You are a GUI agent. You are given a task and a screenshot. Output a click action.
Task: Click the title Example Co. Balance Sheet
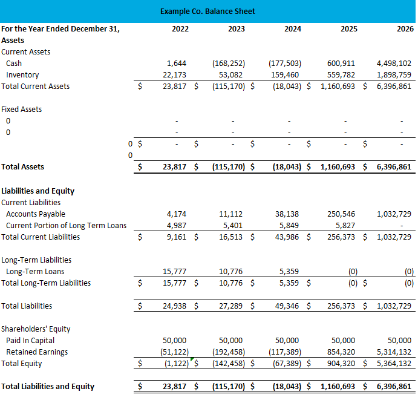(207, 11)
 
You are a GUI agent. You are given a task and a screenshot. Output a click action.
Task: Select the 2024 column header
(292, 28)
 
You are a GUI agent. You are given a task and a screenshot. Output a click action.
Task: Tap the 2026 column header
(405, 28)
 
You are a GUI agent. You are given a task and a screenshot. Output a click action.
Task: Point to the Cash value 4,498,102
(394, 63)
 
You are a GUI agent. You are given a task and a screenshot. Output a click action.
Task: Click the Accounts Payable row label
(36, 214)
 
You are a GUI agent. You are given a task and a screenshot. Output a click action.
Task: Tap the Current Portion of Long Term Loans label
(66, 225)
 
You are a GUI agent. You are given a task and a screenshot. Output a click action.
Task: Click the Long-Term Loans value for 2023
(232, 271)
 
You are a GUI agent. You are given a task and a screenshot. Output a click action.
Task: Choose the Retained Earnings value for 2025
(342, 352)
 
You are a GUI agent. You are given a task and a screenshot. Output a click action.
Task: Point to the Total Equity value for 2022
(176, 363)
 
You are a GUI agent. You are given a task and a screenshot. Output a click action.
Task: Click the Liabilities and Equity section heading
(38, 191)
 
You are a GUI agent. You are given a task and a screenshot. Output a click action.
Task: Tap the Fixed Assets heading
(22, 109)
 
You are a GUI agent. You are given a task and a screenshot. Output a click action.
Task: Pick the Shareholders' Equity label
(36, 329)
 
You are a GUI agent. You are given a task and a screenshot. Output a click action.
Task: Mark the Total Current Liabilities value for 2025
(342, 237)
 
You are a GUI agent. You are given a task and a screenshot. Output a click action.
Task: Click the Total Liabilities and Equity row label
(48, 386)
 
